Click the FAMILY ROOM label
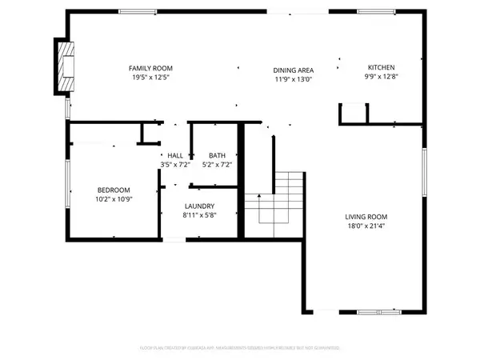pyautogui.click(x=152, y=68)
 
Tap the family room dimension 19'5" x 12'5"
pyautogui.click(x=152, y=78)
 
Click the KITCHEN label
pyautogui.click(x=381, y=67)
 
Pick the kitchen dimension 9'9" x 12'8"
pyautogui.click(x=381, y=78)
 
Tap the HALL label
pyautogui.click(x=174, y=155)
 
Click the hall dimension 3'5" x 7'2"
pyautogui.click(x=174, y=165)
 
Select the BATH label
pyautogui.click(x=217, y=155)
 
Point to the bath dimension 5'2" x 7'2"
pyautogui.click(x=217, y=165)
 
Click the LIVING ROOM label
pyautogui.click(x=366, y=217)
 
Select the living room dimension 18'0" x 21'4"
pyautogui.click(x=366, y=227)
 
